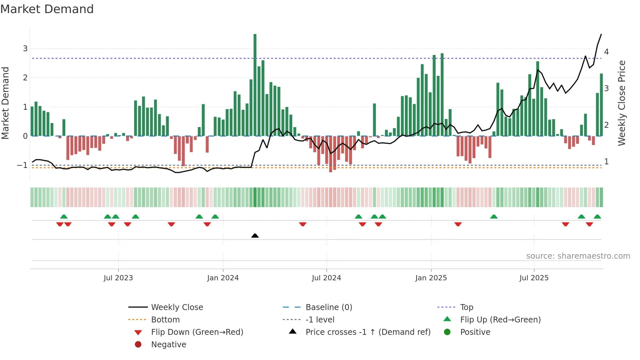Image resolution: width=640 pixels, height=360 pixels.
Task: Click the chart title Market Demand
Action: click(47, 9)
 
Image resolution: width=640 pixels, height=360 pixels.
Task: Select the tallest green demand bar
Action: click(255, 85)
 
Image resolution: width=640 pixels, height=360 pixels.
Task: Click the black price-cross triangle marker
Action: click(255, 236)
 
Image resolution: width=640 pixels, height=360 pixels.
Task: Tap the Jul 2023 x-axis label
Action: click(118, 278)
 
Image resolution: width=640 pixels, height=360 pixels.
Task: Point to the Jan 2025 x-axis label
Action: click(431, 278)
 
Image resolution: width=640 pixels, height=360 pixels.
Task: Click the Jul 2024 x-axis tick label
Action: click(326, 278)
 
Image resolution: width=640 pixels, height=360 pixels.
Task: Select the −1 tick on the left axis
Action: click(22, 165)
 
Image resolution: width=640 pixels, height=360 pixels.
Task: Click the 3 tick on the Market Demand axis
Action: click(25, 49)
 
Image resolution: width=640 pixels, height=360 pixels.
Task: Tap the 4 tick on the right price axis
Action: click(606, 52)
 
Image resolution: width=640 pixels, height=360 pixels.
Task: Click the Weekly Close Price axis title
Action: click(622, 103)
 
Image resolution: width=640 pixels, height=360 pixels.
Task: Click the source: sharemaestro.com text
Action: click(578, 256)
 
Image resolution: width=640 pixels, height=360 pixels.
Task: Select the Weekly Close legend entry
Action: click(177, 307)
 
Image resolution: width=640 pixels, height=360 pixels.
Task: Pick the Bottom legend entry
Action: click(165, 320)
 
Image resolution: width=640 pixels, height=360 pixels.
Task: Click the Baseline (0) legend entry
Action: click(329, 307)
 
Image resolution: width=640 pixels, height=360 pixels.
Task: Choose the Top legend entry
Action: click(467, 307)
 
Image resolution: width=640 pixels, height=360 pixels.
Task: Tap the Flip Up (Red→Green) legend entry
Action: click(500, 320)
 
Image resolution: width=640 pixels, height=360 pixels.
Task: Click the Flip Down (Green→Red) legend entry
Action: click(197, 332)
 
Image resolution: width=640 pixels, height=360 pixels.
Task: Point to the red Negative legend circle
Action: click(138, 345)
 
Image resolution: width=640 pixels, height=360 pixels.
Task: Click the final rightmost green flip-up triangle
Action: click(597, 217)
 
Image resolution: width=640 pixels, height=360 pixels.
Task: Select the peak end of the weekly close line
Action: click(601, 34)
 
